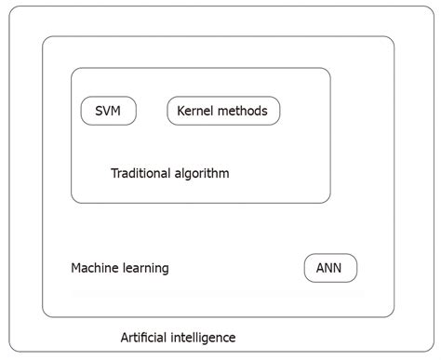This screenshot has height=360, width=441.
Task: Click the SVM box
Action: (x=108, y=111)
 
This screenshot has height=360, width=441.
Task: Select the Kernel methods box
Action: (x=223, y=111)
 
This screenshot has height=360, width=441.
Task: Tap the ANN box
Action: (x=330, y=268)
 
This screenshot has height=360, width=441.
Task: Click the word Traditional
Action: (x=140, y=173)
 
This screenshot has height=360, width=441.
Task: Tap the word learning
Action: (x=147, y=269)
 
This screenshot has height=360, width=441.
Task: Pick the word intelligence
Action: (x=206, y=338)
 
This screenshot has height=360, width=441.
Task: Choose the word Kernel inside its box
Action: (x=196, y=111)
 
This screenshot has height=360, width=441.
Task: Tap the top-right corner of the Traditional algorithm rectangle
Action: (x=328, y=70)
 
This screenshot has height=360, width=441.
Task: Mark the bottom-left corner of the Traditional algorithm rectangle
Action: (x=73, y=201)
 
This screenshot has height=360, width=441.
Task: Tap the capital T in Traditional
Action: (x=114, y=173)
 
